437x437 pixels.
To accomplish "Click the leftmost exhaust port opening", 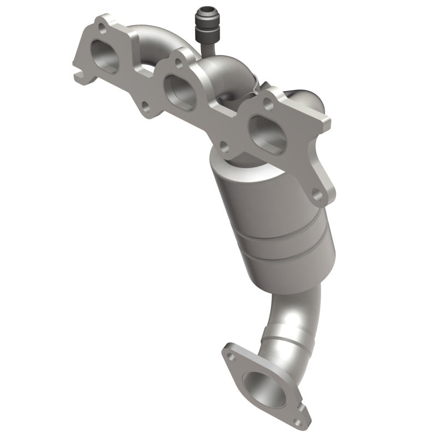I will [105, 57].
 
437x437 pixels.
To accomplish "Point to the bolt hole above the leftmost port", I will [102, 31].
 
